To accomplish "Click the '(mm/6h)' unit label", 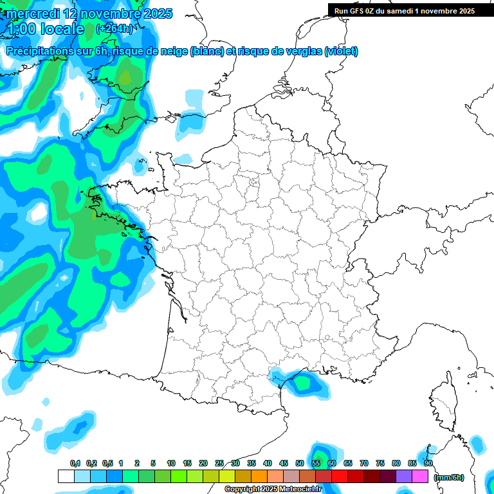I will click(x=449, y=477).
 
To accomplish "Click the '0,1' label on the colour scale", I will click(x=75, y=463).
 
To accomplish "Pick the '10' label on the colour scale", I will click(x=170, y=463).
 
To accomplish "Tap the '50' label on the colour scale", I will click(x=300, y=463).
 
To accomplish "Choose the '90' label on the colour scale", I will click(x=428, y=463).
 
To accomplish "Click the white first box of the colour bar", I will click(x=66, y=477).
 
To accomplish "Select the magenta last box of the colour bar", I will click(x=421, y=477).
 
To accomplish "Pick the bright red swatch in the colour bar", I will click(x=340, y=477).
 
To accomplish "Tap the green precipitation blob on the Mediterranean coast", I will click(x=301, y=383).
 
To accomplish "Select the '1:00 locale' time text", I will click(x=45, y=29).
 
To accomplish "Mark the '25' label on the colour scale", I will click(x=219, y=463).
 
